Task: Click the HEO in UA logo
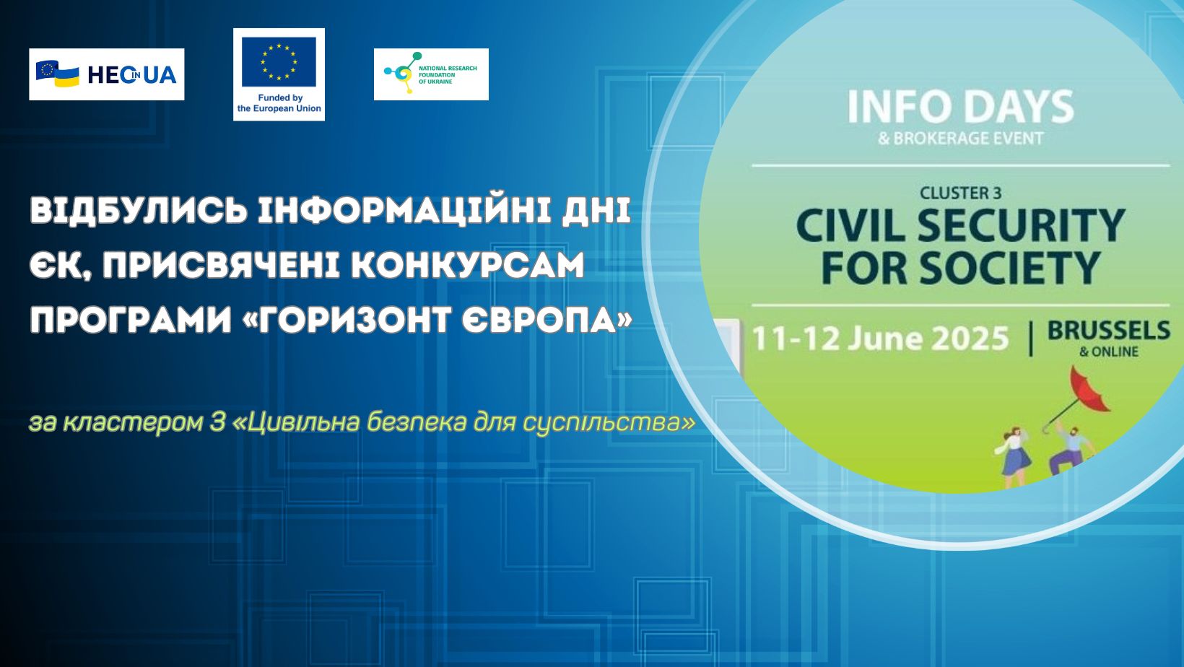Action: click(106, 74)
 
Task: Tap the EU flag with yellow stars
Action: click(279, 61)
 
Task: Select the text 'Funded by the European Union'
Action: click(279, 103)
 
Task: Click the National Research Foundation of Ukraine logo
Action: click(431, 74)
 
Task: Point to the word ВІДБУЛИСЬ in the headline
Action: click(139, 211)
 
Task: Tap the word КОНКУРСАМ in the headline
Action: click(467, 265)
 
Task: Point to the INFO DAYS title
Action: click(960, 108)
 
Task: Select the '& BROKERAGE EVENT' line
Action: click(960, 139)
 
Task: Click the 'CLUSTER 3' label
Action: click(960, 193)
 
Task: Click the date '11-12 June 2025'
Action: click(880, 339)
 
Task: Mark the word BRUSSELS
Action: click(1108, 331)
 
